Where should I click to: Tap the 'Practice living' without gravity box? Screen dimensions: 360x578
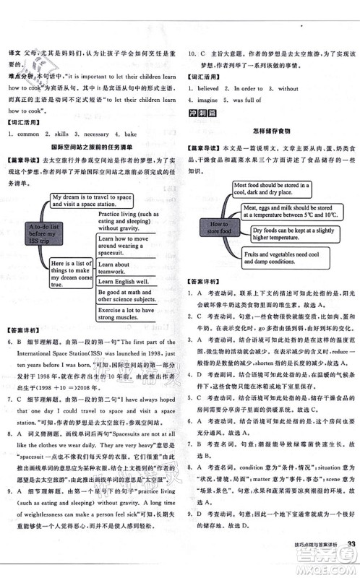[x=130, y=221]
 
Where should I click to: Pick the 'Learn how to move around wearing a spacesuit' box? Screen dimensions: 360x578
[x=130, y=246]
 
